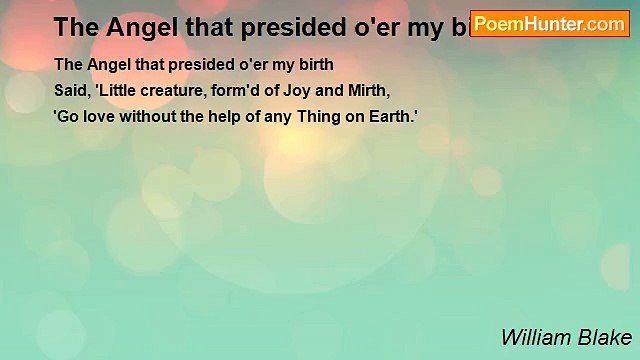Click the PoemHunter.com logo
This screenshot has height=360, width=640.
coord(550,23)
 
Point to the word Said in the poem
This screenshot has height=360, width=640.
coord(70,90)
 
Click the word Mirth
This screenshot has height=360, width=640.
coord(362,90)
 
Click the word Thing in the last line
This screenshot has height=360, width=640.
coord(310,116)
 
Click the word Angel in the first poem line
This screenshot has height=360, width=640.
coord(104,65)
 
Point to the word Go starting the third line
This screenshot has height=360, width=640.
coord(67,116)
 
